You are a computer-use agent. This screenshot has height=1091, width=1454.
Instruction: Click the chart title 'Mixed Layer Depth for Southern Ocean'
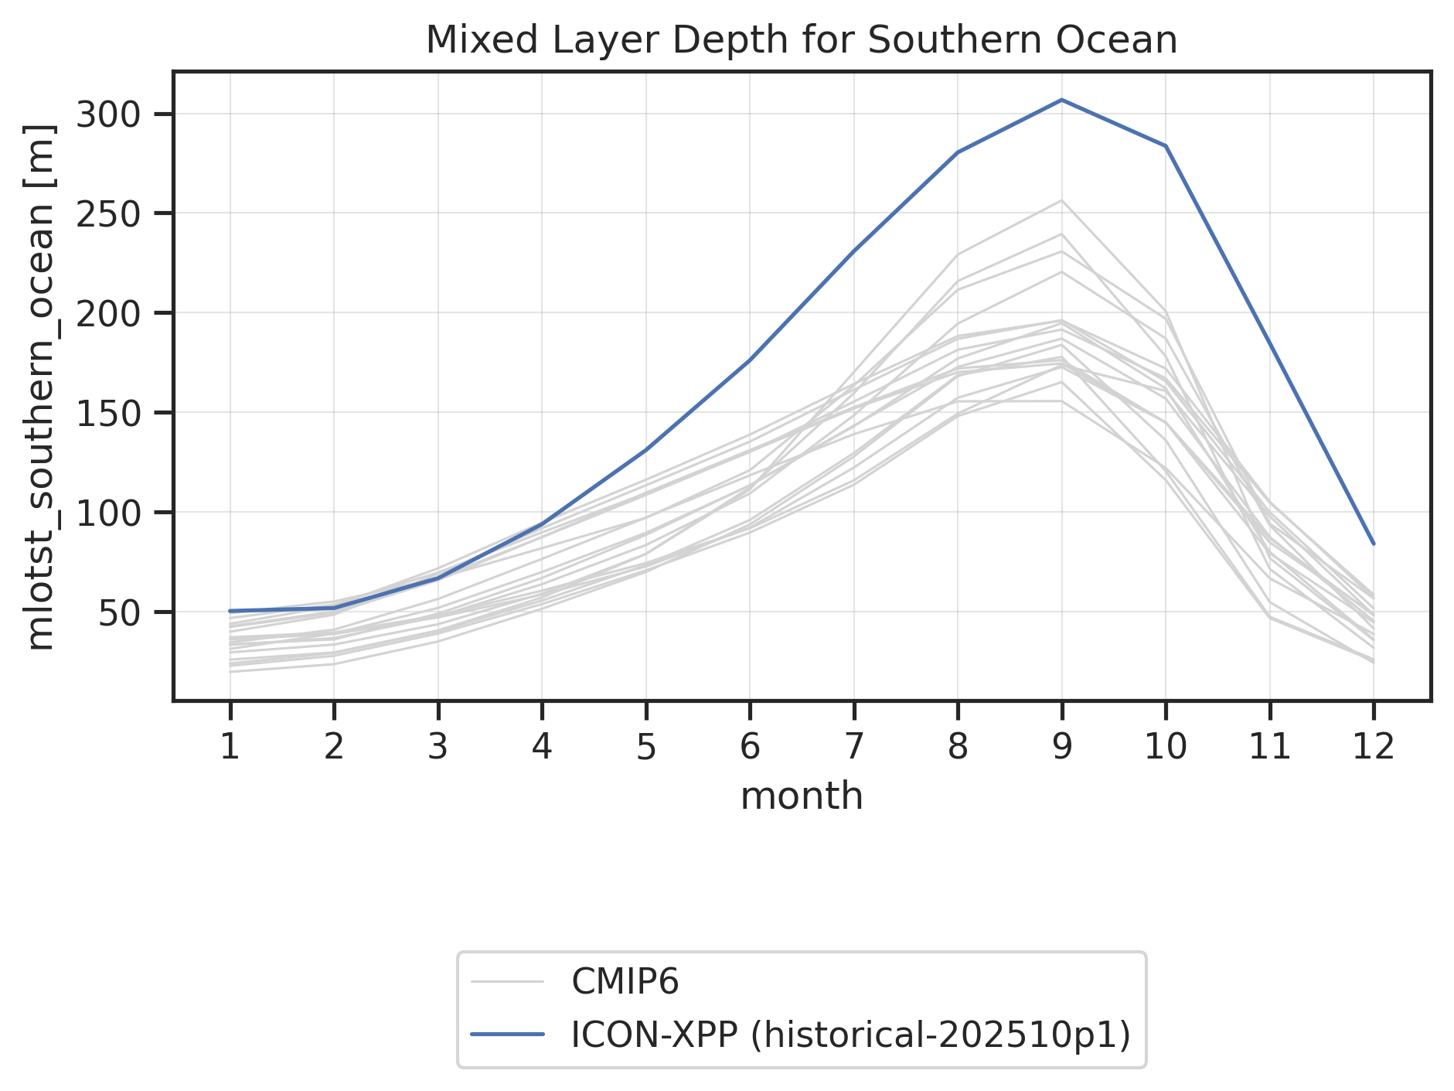pos(802,40)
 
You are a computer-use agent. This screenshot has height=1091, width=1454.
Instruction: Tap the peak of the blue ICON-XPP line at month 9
pos(1062,100)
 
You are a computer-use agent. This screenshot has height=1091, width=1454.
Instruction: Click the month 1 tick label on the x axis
pos(230,747)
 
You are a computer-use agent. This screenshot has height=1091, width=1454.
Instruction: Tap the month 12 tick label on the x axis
pos(1373,747)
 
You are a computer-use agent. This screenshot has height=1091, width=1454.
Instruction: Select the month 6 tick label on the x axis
pos(750,747)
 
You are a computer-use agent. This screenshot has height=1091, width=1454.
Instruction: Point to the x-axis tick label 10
pos(1165,747)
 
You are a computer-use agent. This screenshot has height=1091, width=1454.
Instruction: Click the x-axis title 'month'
pos(802,796)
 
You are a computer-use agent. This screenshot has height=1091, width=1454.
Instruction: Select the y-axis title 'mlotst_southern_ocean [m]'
pos(40,387)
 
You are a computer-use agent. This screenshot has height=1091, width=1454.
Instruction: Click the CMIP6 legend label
pos(625,982)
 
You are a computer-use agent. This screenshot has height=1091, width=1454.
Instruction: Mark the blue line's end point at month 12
pos(1374,544)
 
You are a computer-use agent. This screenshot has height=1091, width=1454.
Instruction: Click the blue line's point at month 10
pos(1166,145)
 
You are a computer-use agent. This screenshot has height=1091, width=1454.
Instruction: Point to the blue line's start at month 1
pos(230,611)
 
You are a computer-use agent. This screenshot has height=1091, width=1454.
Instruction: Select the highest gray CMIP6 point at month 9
pos(1062,200)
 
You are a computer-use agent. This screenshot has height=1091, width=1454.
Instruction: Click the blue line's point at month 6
pos(750,360)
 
